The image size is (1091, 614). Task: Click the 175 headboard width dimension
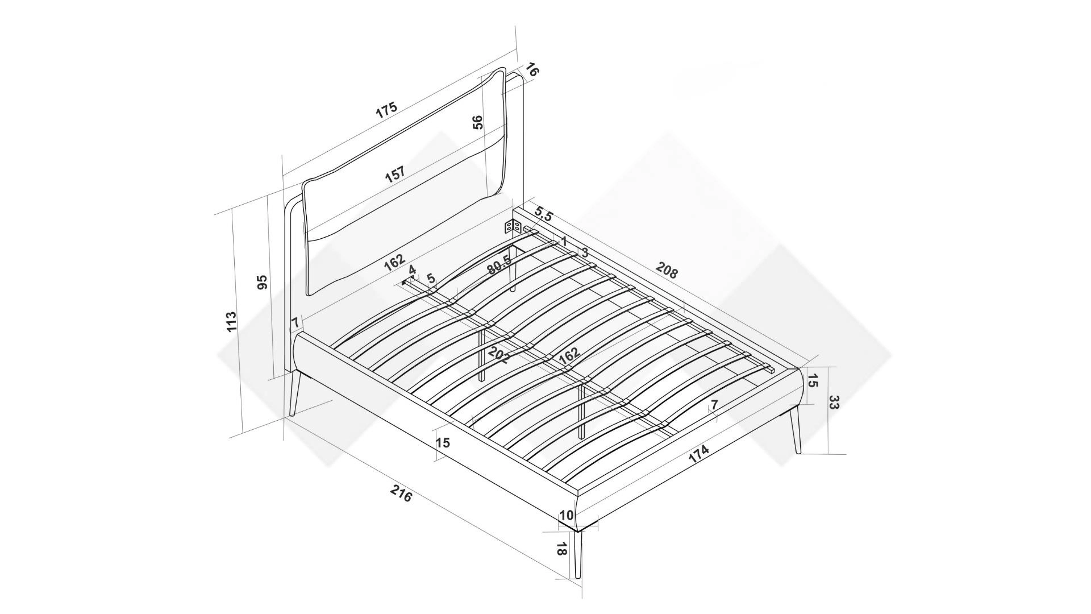[x=386, y=110]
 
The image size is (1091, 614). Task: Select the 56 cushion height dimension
[x=478, y=122]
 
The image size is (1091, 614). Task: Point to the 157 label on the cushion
[x=395, y=173]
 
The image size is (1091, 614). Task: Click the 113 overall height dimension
[x=231, y=322]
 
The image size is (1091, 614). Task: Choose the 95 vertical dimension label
[x=262, y=283]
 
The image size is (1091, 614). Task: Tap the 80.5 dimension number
[x=499, y=265]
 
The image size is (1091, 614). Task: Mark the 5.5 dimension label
[x=544, y=214]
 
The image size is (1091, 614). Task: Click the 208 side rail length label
[x=667, y=270]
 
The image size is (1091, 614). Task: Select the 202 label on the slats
[x=498, y=355]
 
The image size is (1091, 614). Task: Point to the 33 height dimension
[x=834, y=403]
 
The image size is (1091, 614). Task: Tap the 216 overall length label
[x=401, y=493]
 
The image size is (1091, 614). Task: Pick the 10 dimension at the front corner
[x=567, y=516]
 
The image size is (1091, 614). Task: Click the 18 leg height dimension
[x=561, y=549]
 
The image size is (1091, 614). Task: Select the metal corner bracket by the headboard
[x=514, y=227]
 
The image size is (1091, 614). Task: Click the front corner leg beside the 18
[x=578, y=555]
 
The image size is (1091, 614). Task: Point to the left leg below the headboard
[x=294, y=393]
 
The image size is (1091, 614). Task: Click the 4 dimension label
[x=413, y=269]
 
